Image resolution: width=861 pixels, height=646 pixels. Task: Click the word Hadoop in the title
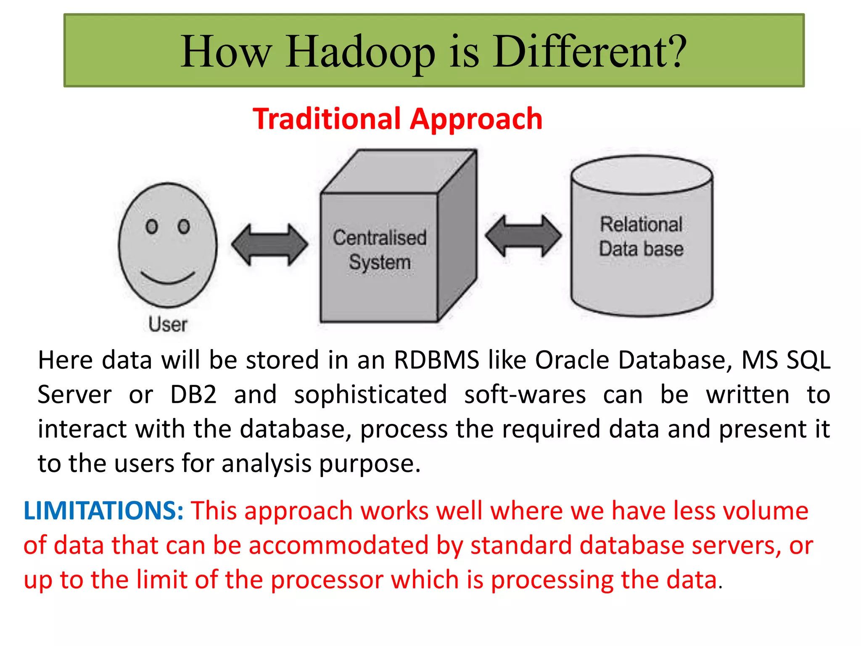coord(360,52)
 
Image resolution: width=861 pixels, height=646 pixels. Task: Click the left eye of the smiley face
coord(151,227)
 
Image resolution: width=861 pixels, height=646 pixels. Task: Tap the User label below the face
coord(167,324)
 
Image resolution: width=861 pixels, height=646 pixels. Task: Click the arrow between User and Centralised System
coord(269,245)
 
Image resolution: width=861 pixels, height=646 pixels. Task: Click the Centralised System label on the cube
coord(379,250)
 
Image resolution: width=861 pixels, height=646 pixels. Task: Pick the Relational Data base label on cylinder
coord(641,236)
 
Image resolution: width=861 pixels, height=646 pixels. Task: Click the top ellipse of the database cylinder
coord(642,175)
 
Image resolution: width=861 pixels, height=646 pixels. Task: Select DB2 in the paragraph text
coord(193,395)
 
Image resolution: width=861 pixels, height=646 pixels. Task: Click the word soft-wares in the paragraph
coord(525,395)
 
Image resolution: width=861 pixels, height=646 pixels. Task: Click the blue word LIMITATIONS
coord(103,511)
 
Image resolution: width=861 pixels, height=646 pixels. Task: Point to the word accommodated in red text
coord(338,545)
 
